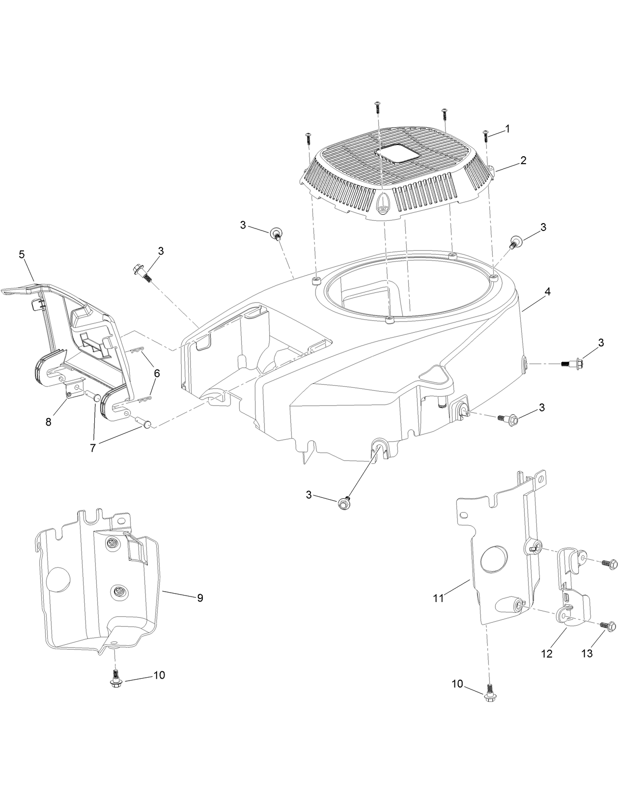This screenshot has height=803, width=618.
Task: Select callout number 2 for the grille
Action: (523, 160)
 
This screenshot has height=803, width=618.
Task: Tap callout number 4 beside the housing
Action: (547, 291)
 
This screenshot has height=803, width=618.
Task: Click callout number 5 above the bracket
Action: (22, 254)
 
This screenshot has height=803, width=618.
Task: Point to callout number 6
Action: (157, 373)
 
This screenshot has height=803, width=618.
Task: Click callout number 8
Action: (48, 422)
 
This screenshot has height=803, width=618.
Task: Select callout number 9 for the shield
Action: (200, 598)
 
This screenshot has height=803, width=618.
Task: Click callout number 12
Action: (546, 654)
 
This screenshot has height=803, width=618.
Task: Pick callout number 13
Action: (587, 654)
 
